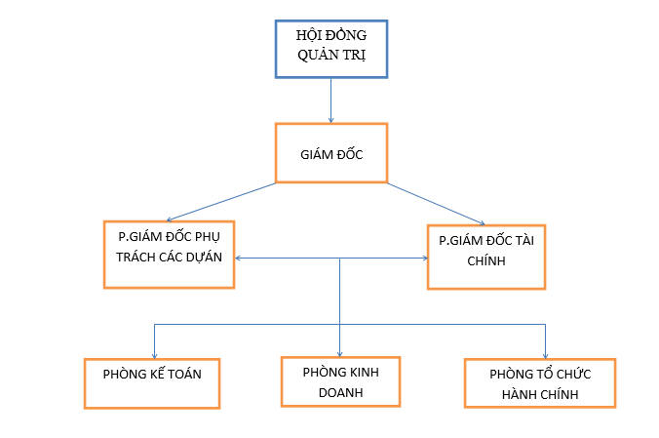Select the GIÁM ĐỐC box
pos(330,152)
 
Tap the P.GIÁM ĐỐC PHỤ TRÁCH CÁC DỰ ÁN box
pos(170,254)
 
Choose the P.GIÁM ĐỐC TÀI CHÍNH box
pos(485,256)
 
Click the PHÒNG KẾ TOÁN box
pos(151,382)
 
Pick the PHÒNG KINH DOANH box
pos(339,381)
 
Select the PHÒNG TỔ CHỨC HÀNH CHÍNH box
pos(540,382)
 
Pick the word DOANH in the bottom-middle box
pos(339,392)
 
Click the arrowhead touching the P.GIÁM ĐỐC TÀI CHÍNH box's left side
pos(423,259)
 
